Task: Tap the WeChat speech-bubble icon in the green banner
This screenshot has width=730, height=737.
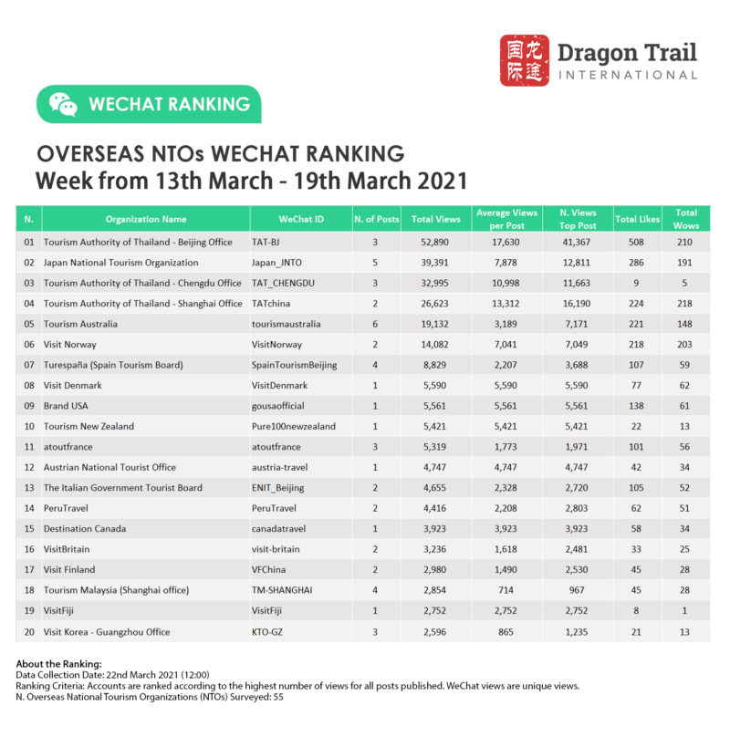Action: pos(63,104)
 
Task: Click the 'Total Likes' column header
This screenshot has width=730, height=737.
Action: pos(636,219)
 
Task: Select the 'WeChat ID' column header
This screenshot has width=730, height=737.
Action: pos(300,219)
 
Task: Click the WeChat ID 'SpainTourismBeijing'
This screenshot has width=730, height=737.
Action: pos(295,365)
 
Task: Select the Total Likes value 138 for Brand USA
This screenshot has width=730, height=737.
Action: pos(636,405)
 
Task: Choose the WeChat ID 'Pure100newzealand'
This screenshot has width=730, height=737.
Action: pos(293,426)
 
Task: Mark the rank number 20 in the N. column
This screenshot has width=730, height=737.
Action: pos(29,631)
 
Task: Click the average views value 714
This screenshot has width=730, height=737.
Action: pos(506,590)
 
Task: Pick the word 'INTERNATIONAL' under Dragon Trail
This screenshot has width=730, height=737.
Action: pos(627,75)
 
